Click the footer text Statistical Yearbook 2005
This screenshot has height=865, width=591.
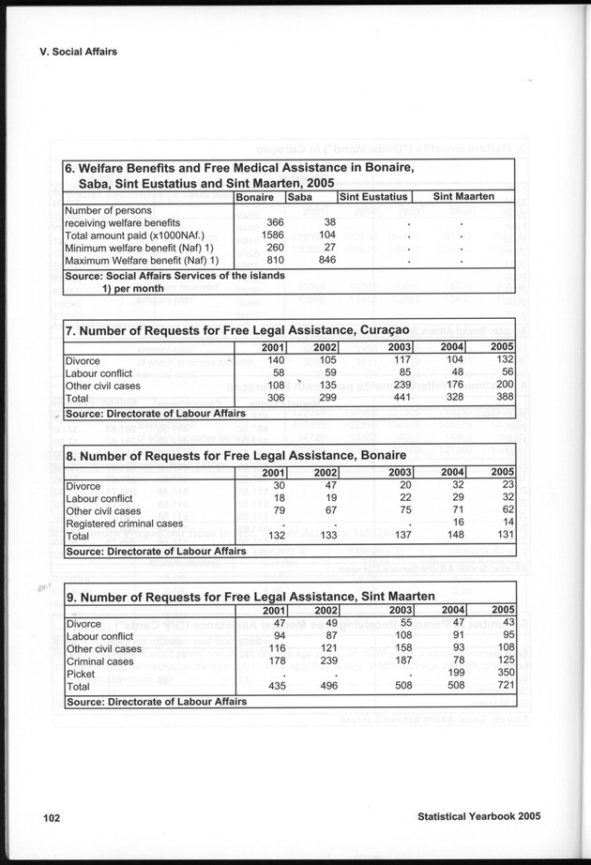[x=478, y=817]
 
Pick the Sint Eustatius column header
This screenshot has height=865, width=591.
[x=372, y=197]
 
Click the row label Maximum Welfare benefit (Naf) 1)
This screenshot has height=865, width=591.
[x=142, y=260]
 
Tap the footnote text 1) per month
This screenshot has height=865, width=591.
[x=134, y=288]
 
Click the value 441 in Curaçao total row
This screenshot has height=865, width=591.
[x=400, y=397]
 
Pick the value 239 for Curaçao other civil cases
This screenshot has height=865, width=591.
[x=400, y=385]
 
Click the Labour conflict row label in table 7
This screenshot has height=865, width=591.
[x=98, y=372]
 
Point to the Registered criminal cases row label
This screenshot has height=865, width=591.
[x=124, y=523]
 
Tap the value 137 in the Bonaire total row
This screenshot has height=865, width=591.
[x=400, y=536]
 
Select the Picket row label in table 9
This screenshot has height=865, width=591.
[x=82, y=674]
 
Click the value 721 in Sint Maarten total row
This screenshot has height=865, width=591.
[x=503, y=687]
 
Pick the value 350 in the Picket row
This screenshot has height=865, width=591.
[x=503, y=674]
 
